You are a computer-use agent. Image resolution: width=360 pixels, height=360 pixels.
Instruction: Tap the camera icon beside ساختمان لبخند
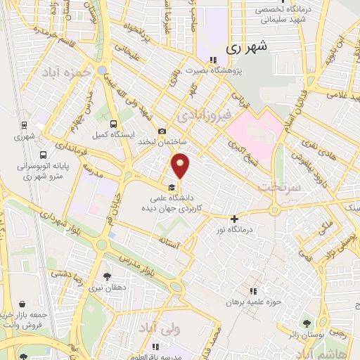click(x=162, y=131)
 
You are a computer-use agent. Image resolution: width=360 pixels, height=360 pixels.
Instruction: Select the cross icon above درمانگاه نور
click(x=234, y=218)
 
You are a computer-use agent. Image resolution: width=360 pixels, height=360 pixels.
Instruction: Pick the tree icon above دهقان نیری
click(x=107, y=276)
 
